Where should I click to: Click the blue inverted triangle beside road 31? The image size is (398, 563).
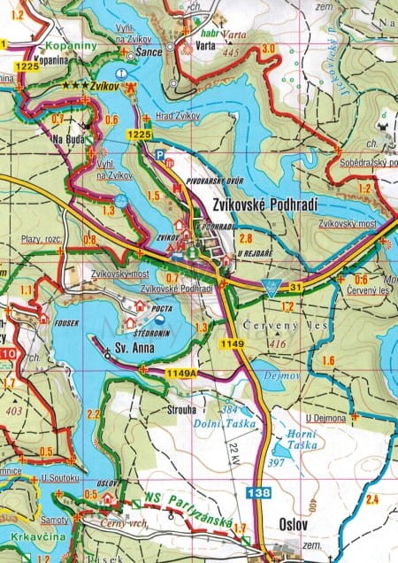272,287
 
